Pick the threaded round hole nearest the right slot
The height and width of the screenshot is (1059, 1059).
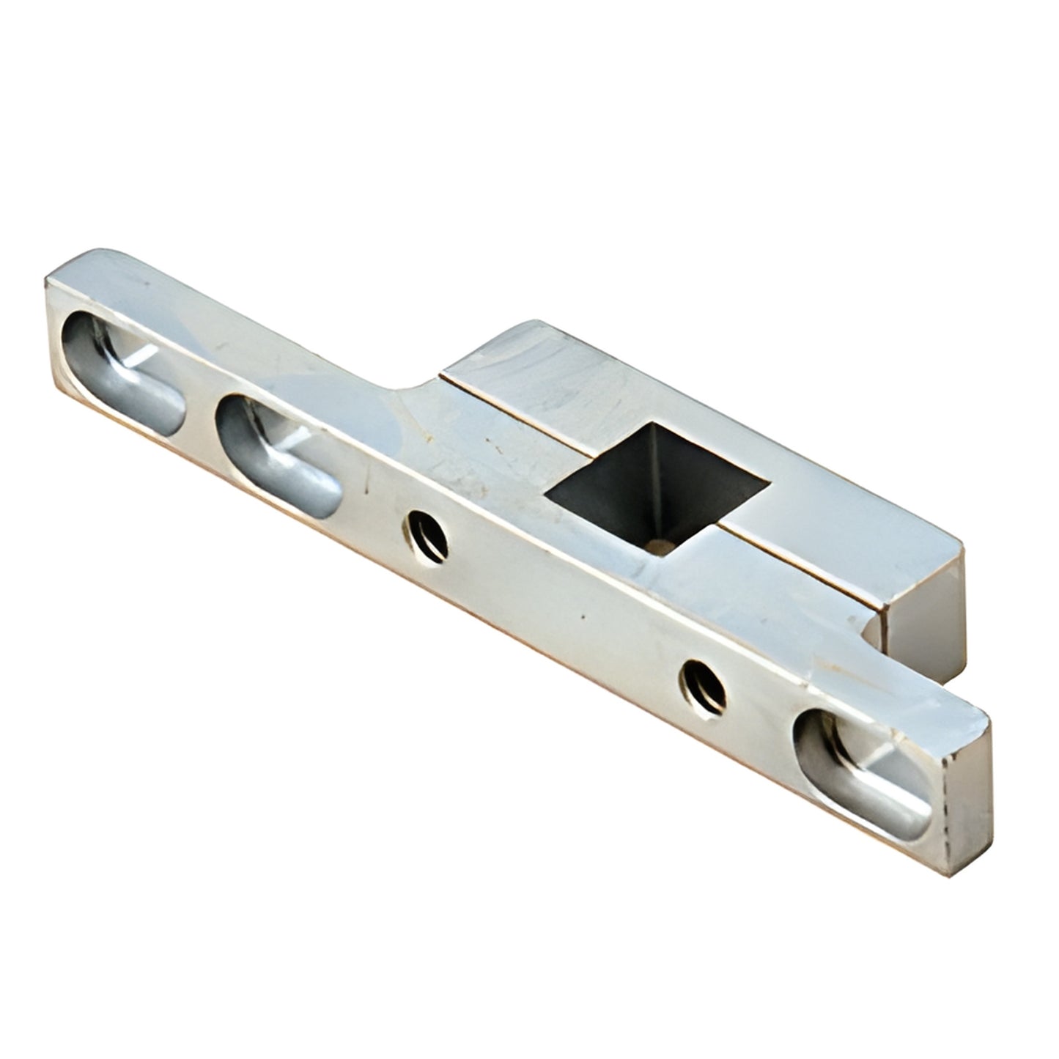click(x=703, y=685)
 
